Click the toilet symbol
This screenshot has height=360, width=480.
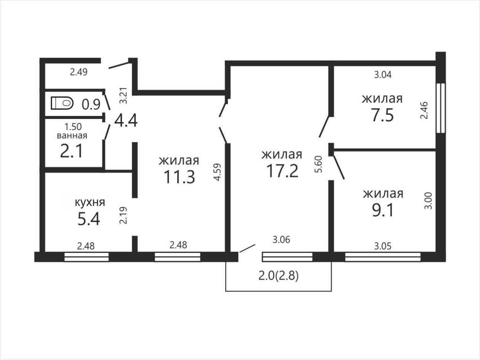pyautogui.click(x=62, y=103)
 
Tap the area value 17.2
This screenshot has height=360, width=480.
pyautogui.click(x=282, y=171)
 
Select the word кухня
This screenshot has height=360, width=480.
pyautogui.click(x=90, y=202)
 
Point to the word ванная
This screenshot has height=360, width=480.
pyautogui.click(x=72, y=136)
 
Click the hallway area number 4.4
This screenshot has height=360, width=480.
pyautogui.click(x=126, y=121)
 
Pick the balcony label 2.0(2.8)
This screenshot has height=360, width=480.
pyautogui.click(x=279, y=276)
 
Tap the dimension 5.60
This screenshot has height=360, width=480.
pyautogui.click(x=319, y=164)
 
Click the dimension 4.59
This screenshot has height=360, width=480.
pyautogui.click(x=217, y=172)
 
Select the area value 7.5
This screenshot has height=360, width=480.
pyautogui.click(x=382, y=116)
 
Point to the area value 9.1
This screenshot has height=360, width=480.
pyautogui.click(x=383, y=210)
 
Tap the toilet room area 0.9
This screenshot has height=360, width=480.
pyautogui.click(x=91, y=104)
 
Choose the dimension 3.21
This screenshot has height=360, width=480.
pyautogui.click(x=124, y=95)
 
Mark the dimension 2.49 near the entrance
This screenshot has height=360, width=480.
pyautogui.click(x=79, y=72)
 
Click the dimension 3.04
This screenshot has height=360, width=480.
pyautogui.click(x=383, y=75)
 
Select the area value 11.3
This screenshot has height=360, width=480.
pyautogui.click(x=179, y=177)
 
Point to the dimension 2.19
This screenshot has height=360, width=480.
pyautogui.click(x=123, y=215)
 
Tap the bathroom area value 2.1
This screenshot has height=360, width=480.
pyautogui.click(x=71, y=151)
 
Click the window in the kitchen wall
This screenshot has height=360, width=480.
pyautogui.click(x=87, y=257)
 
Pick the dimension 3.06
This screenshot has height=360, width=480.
pyautogui.click(x=281, y=240)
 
